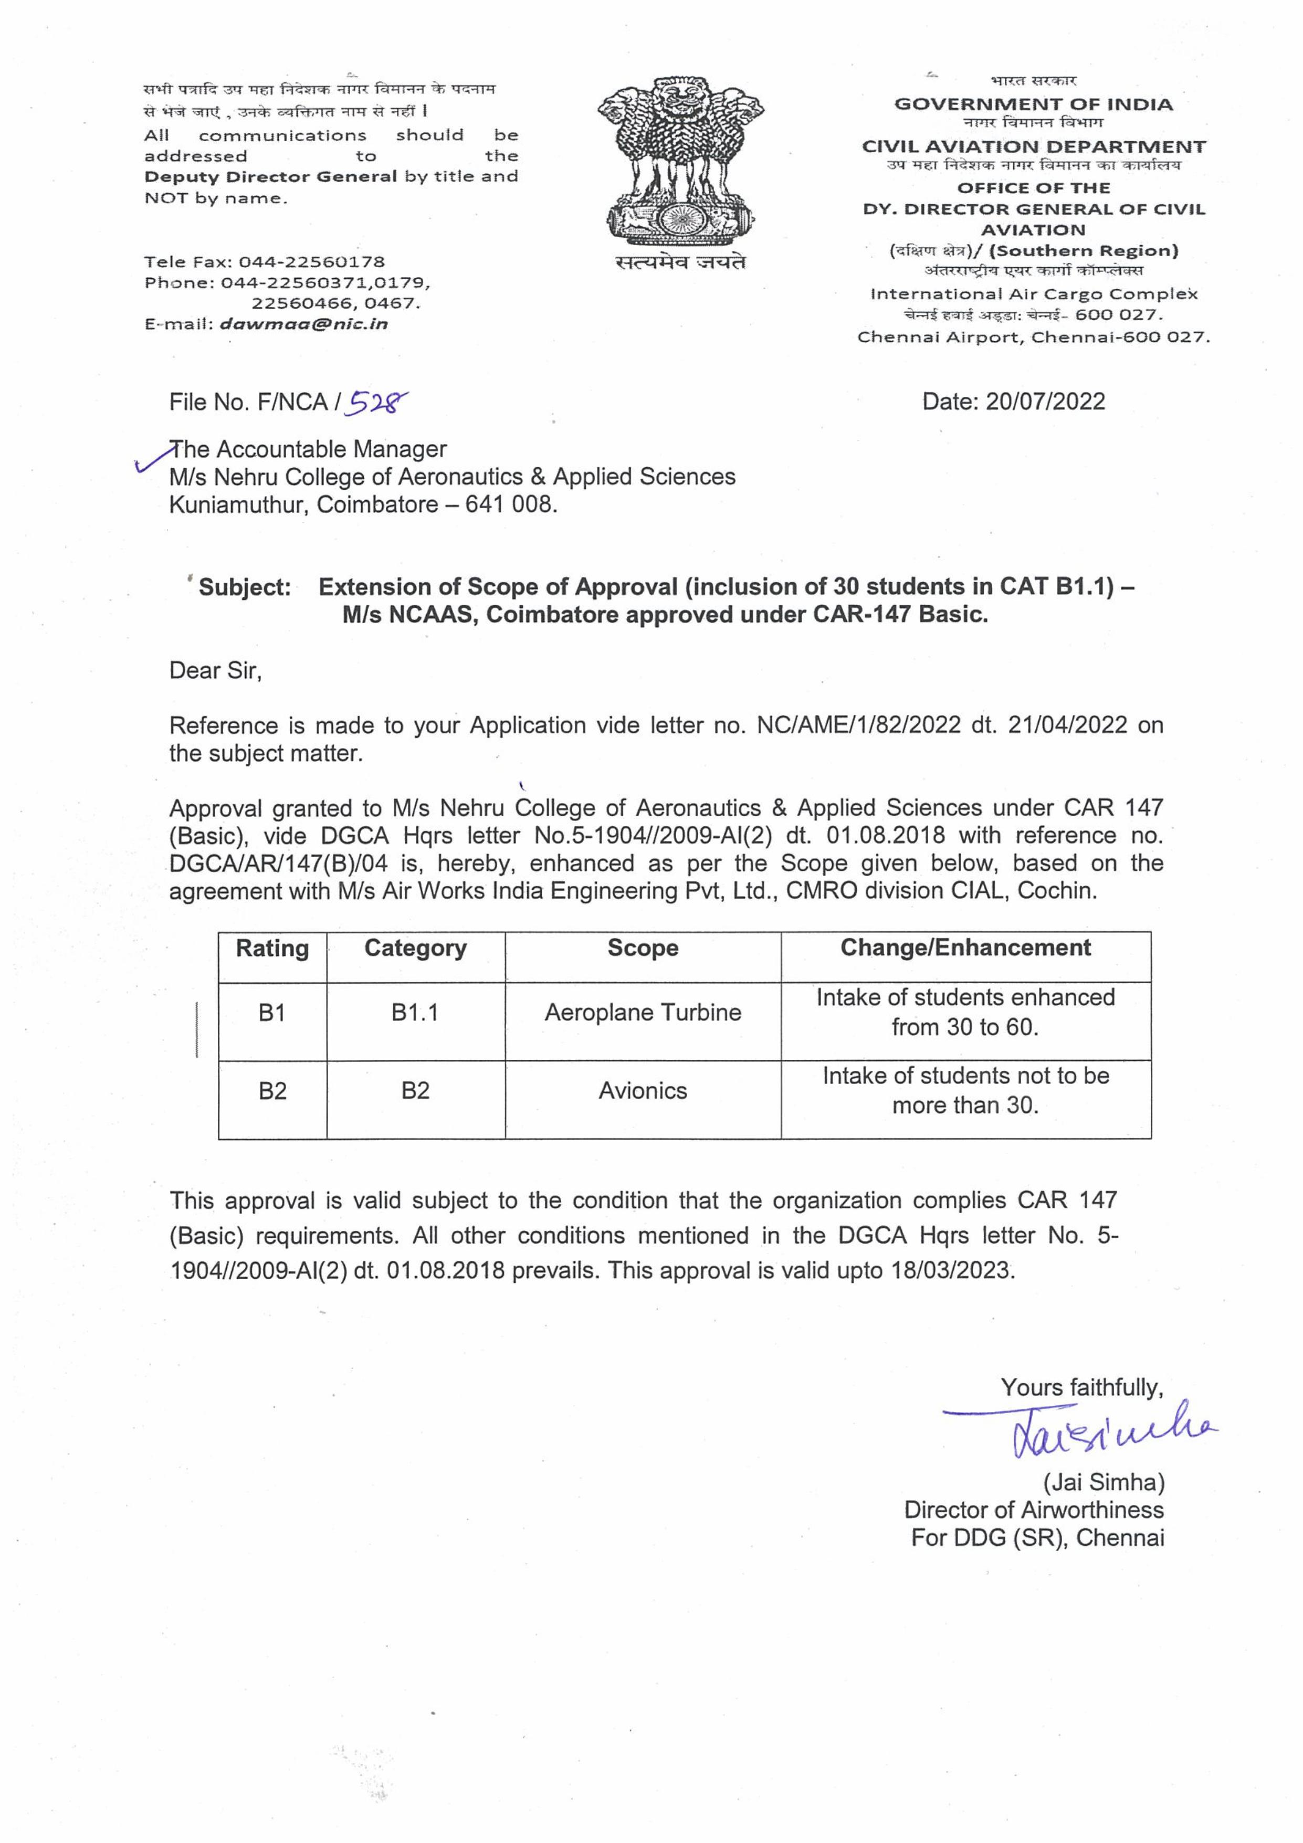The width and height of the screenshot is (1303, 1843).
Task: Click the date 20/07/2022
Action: (x=1045, y=402)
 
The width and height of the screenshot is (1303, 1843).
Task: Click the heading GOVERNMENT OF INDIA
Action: (x=1033, y=104)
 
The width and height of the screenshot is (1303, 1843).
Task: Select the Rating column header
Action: (x=272, y=948)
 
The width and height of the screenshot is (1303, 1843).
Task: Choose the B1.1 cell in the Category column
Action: (x=415, y=1013)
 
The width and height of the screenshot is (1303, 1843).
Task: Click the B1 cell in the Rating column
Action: (x=272, y=1013)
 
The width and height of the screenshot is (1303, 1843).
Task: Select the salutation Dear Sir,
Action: (x=215, y=670)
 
